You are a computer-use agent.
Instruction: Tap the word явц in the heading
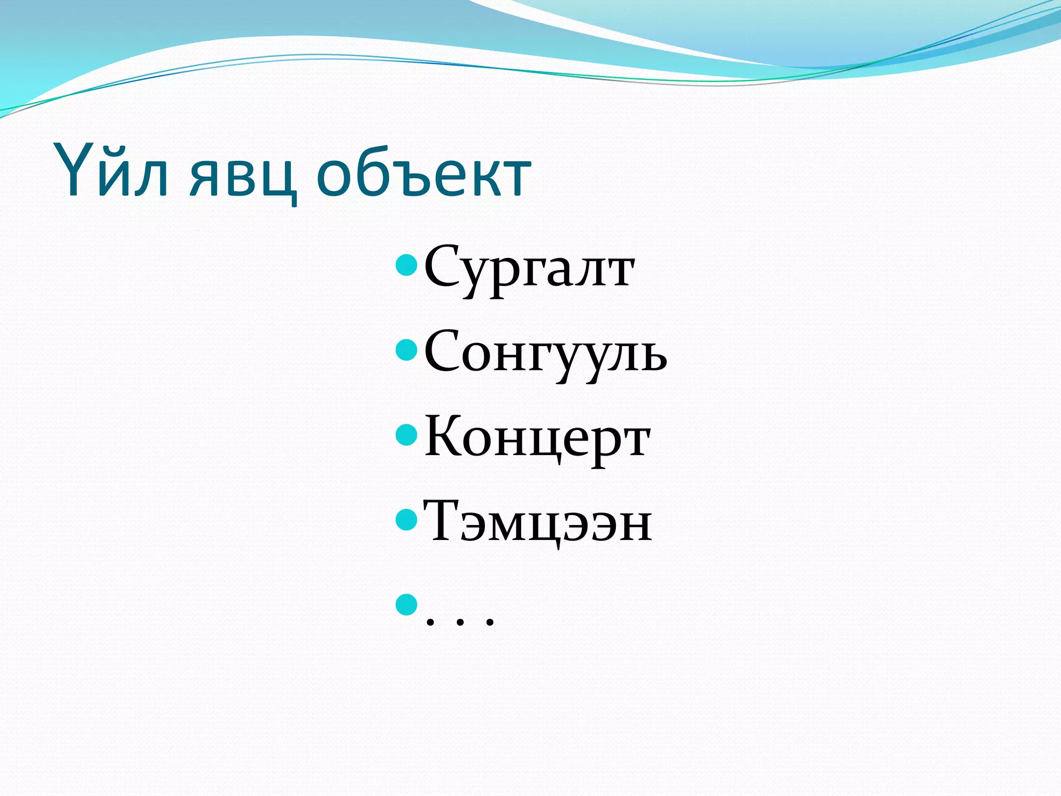click(243, 176)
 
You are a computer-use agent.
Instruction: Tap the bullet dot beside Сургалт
click(406, 265)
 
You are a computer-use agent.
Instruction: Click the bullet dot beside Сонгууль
click(406, 350)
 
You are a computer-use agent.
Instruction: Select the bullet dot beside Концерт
click(406, 435)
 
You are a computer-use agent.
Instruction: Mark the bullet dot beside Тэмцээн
click(406, 519)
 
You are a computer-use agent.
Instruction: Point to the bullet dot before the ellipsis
click(406, 604)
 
